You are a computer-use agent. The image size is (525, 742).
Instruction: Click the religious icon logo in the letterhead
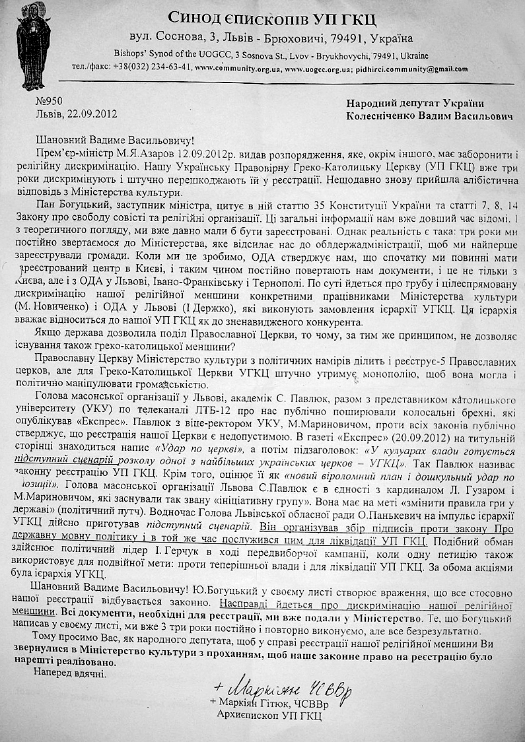pos(32,48)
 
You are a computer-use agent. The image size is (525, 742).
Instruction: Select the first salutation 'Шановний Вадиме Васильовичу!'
pos(116,140)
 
